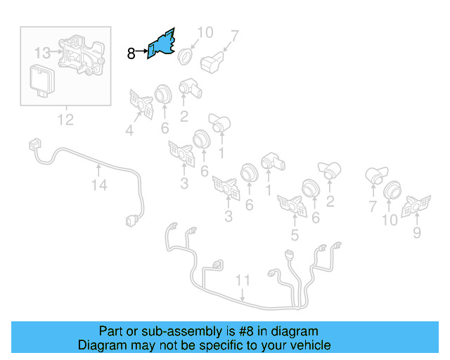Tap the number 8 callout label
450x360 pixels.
click(131, 53)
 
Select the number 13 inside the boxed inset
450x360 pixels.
click(42, 52)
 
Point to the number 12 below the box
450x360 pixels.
click(65, 120)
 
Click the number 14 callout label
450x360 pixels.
click(99, 185)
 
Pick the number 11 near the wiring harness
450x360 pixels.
click(243, 281)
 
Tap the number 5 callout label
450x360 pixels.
click(295, 236)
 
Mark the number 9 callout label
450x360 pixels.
click(417, 233)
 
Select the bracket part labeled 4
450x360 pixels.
click(141, 105)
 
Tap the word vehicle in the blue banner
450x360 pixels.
click(307, 345)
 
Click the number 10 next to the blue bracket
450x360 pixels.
click(205, 32)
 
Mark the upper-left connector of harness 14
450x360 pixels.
click(32, 146)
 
